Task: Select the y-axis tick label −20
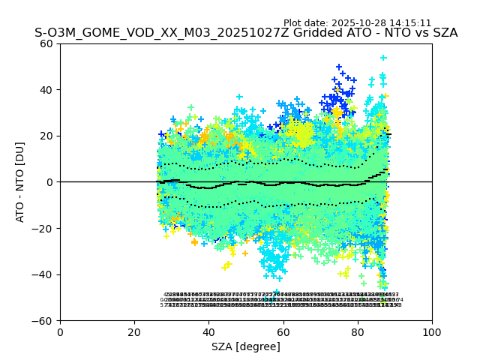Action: tap(45, 229)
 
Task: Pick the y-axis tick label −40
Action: tap(45, 274)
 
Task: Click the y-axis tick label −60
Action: tap(45, 321)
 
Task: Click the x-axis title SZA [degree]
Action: tap(246, 346)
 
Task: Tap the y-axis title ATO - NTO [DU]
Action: tap(20, 182)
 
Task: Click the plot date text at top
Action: tap(357, 23)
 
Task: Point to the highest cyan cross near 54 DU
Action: tap(383, 58)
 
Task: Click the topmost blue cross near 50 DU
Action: tap(339, 67)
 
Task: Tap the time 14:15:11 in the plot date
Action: tap(408, 23)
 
